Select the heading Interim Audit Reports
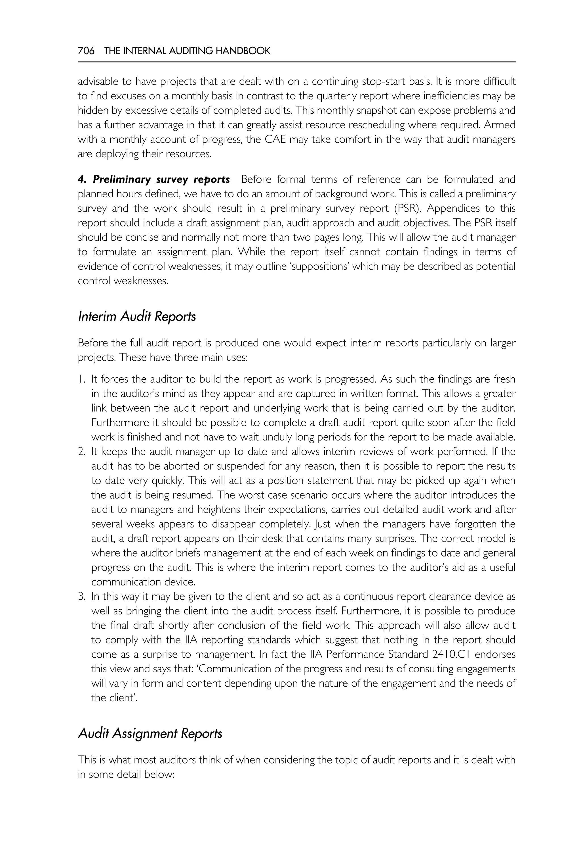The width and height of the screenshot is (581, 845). pos(137,316)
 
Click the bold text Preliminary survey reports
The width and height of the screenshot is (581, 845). pos(161,179)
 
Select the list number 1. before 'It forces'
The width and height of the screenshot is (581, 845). pos(81,379)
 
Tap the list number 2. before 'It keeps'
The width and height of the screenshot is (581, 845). pos(81,452)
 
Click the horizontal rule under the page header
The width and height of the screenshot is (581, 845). pos(296,62)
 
